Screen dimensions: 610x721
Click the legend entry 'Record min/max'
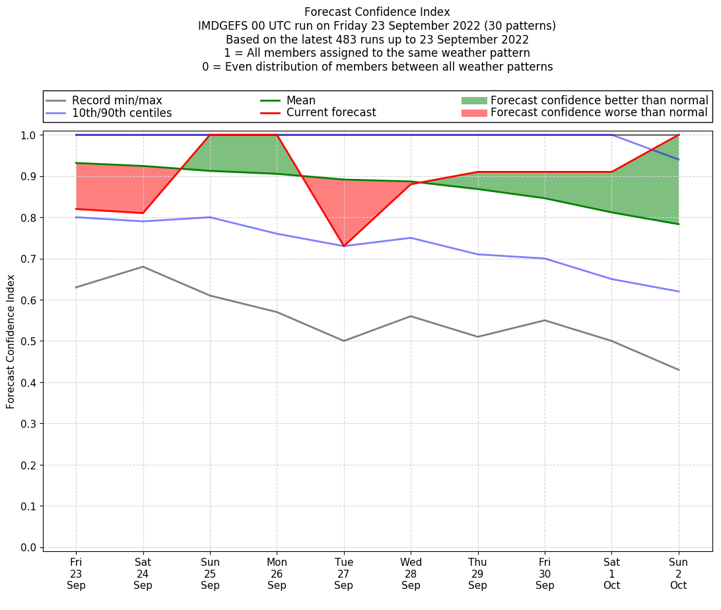tap(117, 100)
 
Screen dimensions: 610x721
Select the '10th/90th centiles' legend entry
tap(121, 113)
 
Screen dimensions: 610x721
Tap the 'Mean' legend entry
tap(301, 100)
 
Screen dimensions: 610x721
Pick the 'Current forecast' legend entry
tap(331, 113)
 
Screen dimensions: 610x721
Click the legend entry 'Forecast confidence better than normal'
tap(599, 100)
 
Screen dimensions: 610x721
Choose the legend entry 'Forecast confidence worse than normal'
tap(599, 113)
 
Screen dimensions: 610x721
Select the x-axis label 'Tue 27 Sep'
tap(343, 574)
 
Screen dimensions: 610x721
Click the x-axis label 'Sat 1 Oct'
tap(611, 574)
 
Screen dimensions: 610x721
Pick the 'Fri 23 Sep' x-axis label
tap(76, 574)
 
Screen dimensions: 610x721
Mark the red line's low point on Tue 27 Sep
tap(343, 246)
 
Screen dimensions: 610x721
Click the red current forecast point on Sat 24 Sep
tap(143, 213)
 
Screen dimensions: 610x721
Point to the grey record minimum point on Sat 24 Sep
tap(143, 267)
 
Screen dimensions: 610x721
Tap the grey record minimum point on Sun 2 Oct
tap(678, 370)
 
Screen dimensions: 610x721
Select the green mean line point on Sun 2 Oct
tap(678, 224)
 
